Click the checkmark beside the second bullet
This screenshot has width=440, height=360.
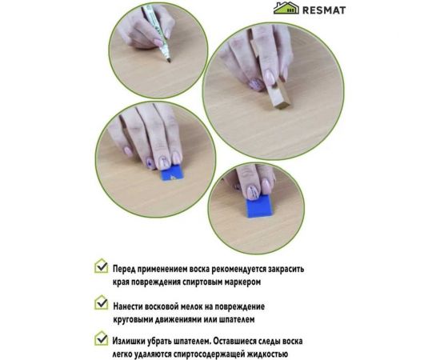pyautogui.click(x=101, y=304)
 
